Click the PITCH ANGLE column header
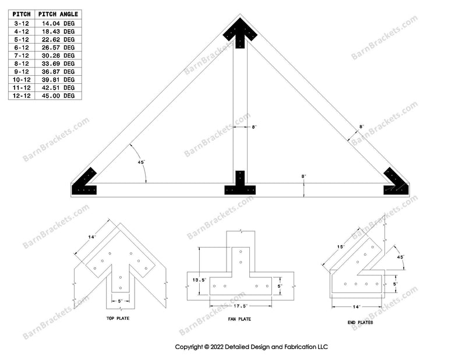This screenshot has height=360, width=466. [59, 14]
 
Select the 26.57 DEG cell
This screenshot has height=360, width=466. [59, 47]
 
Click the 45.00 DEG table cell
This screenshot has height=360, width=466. [59, 95]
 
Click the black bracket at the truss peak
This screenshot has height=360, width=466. [239, 30]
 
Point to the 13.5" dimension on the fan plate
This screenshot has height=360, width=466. [200, 279]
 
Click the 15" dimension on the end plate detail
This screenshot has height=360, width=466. [341, 246]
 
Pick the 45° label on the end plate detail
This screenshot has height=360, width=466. [400, 256]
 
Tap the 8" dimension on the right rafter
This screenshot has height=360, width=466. [361, 126]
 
